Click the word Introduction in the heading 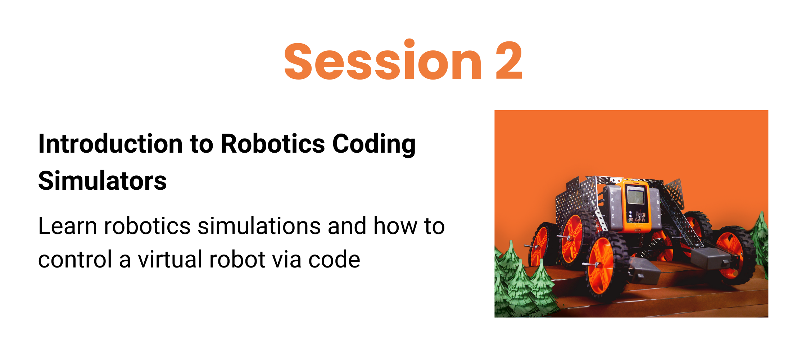[109, 144]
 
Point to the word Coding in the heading [374, 144]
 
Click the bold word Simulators [103, 181]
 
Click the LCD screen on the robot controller [635, 197]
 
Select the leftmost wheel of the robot [540, 245]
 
